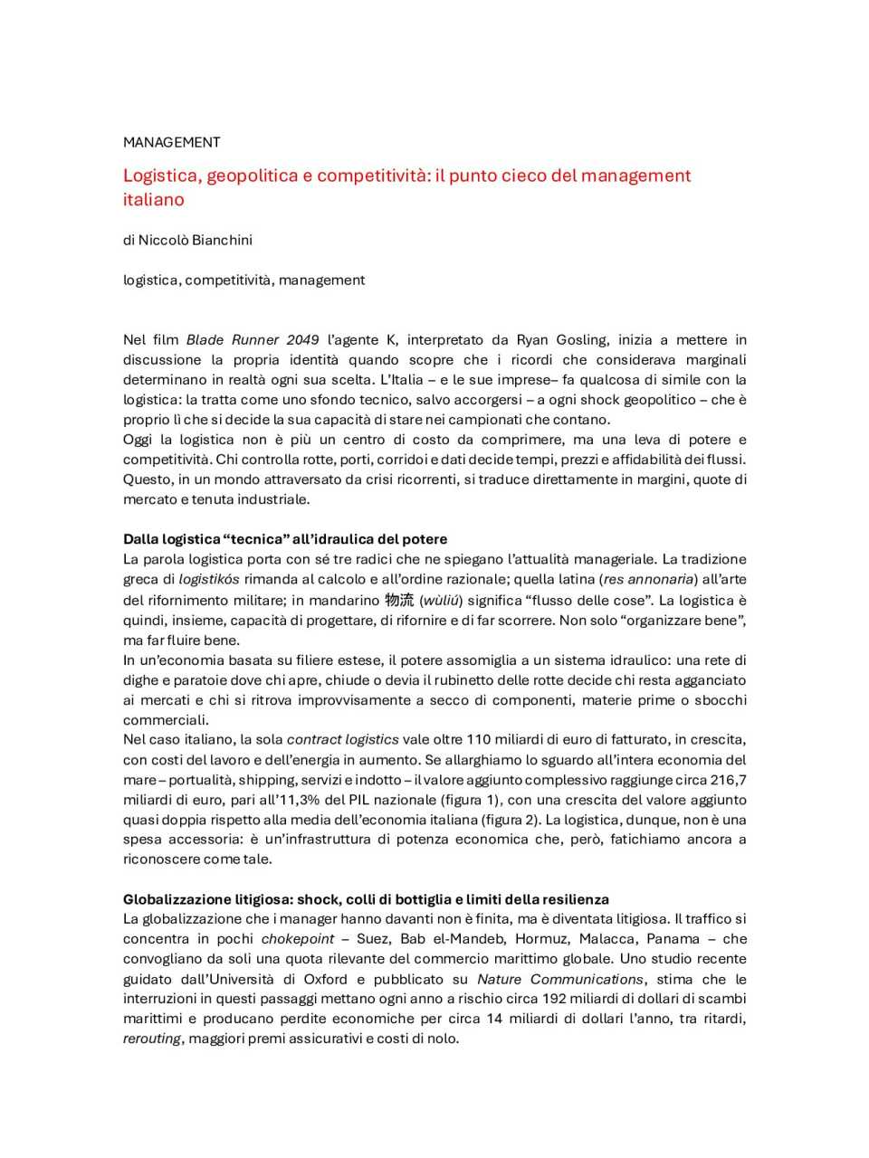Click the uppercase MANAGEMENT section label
(171, 142)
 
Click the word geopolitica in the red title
(252, 176)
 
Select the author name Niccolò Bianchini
(195, 240)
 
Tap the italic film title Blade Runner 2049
(252, 340)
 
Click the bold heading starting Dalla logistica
(285, 539)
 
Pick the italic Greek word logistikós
(209, 579)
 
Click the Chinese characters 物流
(399, 600)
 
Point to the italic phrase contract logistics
(342, 739)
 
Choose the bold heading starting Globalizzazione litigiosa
(366, 899)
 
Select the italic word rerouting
(152, 1039)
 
